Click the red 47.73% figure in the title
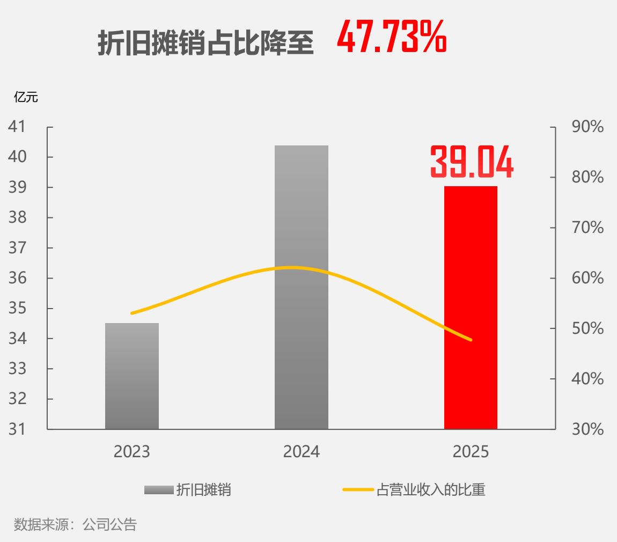point(392,36)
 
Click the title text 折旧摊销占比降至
point(205,42)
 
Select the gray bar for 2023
point(132,376)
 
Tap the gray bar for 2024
point(302,287)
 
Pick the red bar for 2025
point(471,307)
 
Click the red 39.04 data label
point(472,162)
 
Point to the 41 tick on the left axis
point(17,126)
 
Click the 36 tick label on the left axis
point(17,278)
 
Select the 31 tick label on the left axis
point(17,429)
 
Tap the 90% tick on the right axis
point(587,127)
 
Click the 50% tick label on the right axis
point(587,328)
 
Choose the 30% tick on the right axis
point(587,429)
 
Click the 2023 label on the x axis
point(132,451)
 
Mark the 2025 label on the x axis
point(471,451)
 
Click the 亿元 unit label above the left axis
point(26,97)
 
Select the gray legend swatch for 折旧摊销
point(159,490)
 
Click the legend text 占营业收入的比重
point(431,490)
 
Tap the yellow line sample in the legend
point(358,490)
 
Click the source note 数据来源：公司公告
point(75,525)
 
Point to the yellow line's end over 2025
point(471,339)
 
